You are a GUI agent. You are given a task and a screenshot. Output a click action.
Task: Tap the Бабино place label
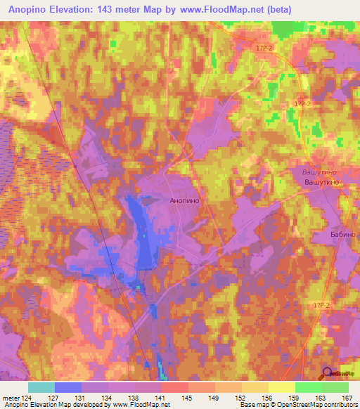pyautogui.click(x=344, y=234)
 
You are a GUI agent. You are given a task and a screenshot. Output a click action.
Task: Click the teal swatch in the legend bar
pyautogui.click(x=41, y=387)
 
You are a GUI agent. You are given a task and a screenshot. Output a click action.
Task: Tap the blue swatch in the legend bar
pyautogui.click(x=67, y=387)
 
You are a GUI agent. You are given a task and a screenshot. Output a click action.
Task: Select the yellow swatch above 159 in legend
pyautogui.click(x=282, y=387)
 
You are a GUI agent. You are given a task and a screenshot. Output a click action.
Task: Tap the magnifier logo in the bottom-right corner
pyautogui.click(x=326, y=375)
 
